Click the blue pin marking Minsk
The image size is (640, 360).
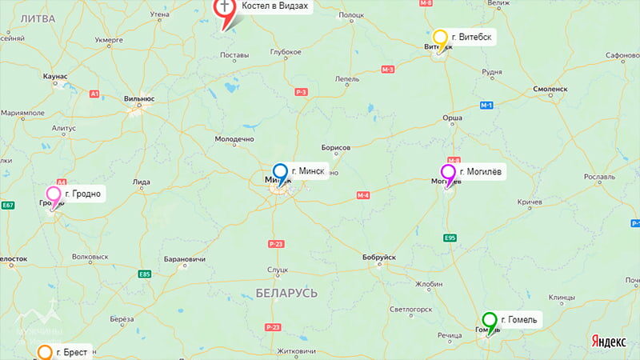(x=280, y=171)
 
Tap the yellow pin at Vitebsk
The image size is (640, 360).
(x=440, y=38)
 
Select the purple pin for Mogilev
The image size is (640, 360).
(x=448, y=172)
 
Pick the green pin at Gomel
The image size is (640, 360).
(x=490, y=320)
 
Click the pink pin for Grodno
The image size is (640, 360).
(x=54, y=194)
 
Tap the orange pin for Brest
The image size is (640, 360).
(x=46, y=352)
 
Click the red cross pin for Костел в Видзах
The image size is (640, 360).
(x=225, y=8)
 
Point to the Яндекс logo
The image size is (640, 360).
(x=608, y=342)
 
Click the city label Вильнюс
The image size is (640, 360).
(x=139, y=98)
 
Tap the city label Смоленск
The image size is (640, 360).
(x=550, y=89)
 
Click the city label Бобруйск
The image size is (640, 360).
(x=378, y=257)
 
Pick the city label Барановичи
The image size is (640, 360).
(x=184, y=260)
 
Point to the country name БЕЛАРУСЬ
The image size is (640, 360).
(x=286, y=293)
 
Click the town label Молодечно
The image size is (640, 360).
(x=234, y=139)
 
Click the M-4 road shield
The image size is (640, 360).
(x=362, y=196)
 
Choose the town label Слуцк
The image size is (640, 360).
(x=278, y=270)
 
